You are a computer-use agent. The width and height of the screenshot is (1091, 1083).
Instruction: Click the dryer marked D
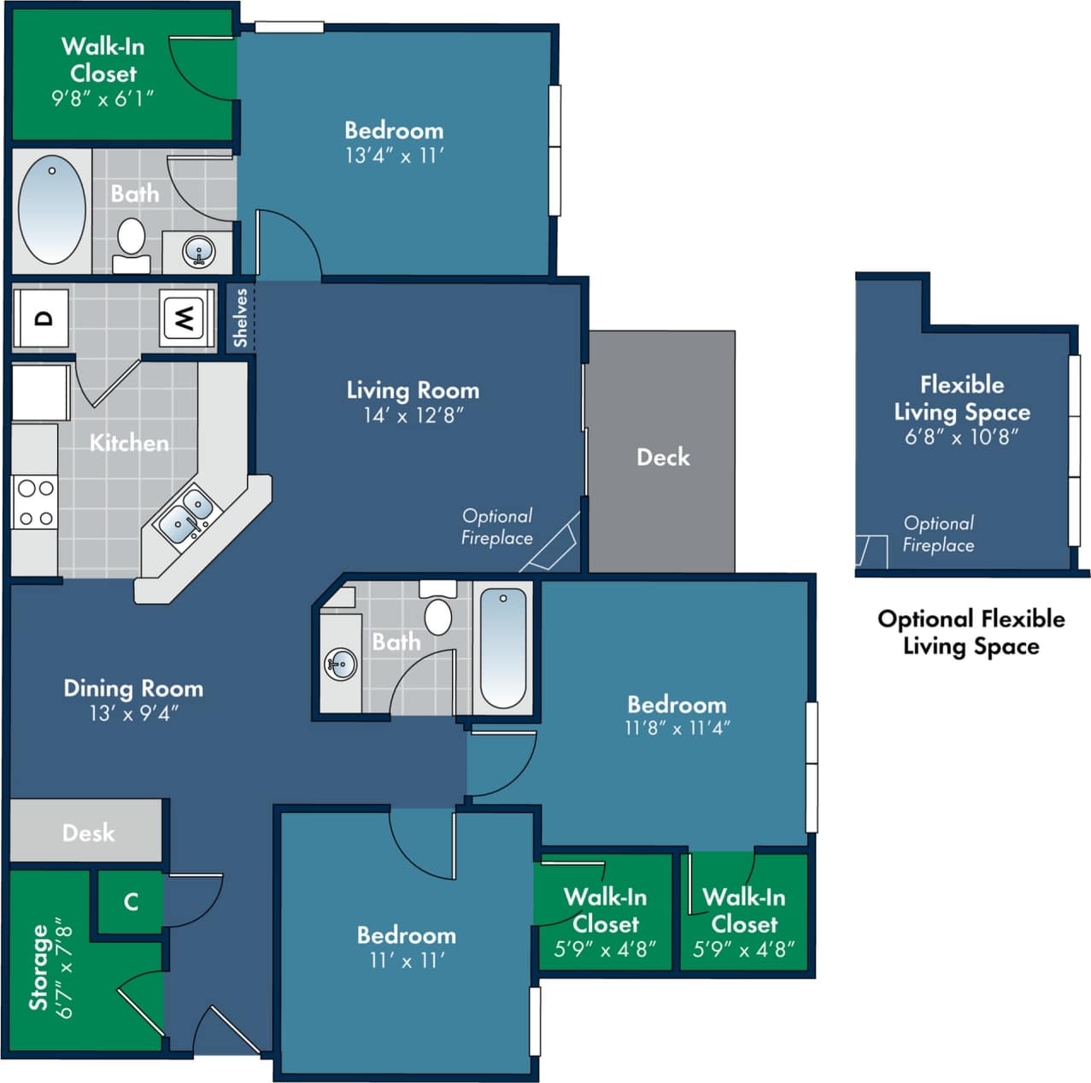(x=41, y=319)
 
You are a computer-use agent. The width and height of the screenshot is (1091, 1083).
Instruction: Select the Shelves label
(x=240, y=318)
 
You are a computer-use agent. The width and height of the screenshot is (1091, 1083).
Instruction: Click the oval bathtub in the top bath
(x=52, y=209)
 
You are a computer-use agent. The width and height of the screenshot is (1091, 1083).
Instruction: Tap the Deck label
(x=663, y=457)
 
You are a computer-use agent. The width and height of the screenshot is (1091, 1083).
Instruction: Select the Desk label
(x=88, y=833)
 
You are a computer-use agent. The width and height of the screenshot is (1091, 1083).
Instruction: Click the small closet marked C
(x=131, y=902)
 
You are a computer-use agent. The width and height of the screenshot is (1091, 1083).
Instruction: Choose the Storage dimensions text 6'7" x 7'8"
(x=64, y=968)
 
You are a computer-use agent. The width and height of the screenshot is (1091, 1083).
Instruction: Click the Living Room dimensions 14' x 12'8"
(x=413, y=416)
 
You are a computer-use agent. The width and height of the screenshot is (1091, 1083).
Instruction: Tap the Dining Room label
(x=133, y=688)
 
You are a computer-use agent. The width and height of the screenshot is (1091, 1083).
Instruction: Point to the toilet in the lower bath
(x=437, y=614)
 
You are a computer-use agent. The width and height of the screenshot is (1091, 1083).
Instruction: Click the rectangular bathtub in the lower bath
(x=502, y=648)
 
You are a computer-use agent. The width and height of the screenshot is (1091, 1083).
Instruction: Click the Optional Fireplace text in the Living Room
(x=497, y=527)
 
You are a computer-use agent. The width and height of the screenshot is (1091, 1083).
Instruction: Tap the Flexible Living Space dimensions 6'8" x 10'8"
(x=962, y=437)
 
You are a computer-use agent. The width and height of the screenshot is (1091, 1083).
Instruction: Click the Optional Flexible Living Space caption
(x=971, y=632)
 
